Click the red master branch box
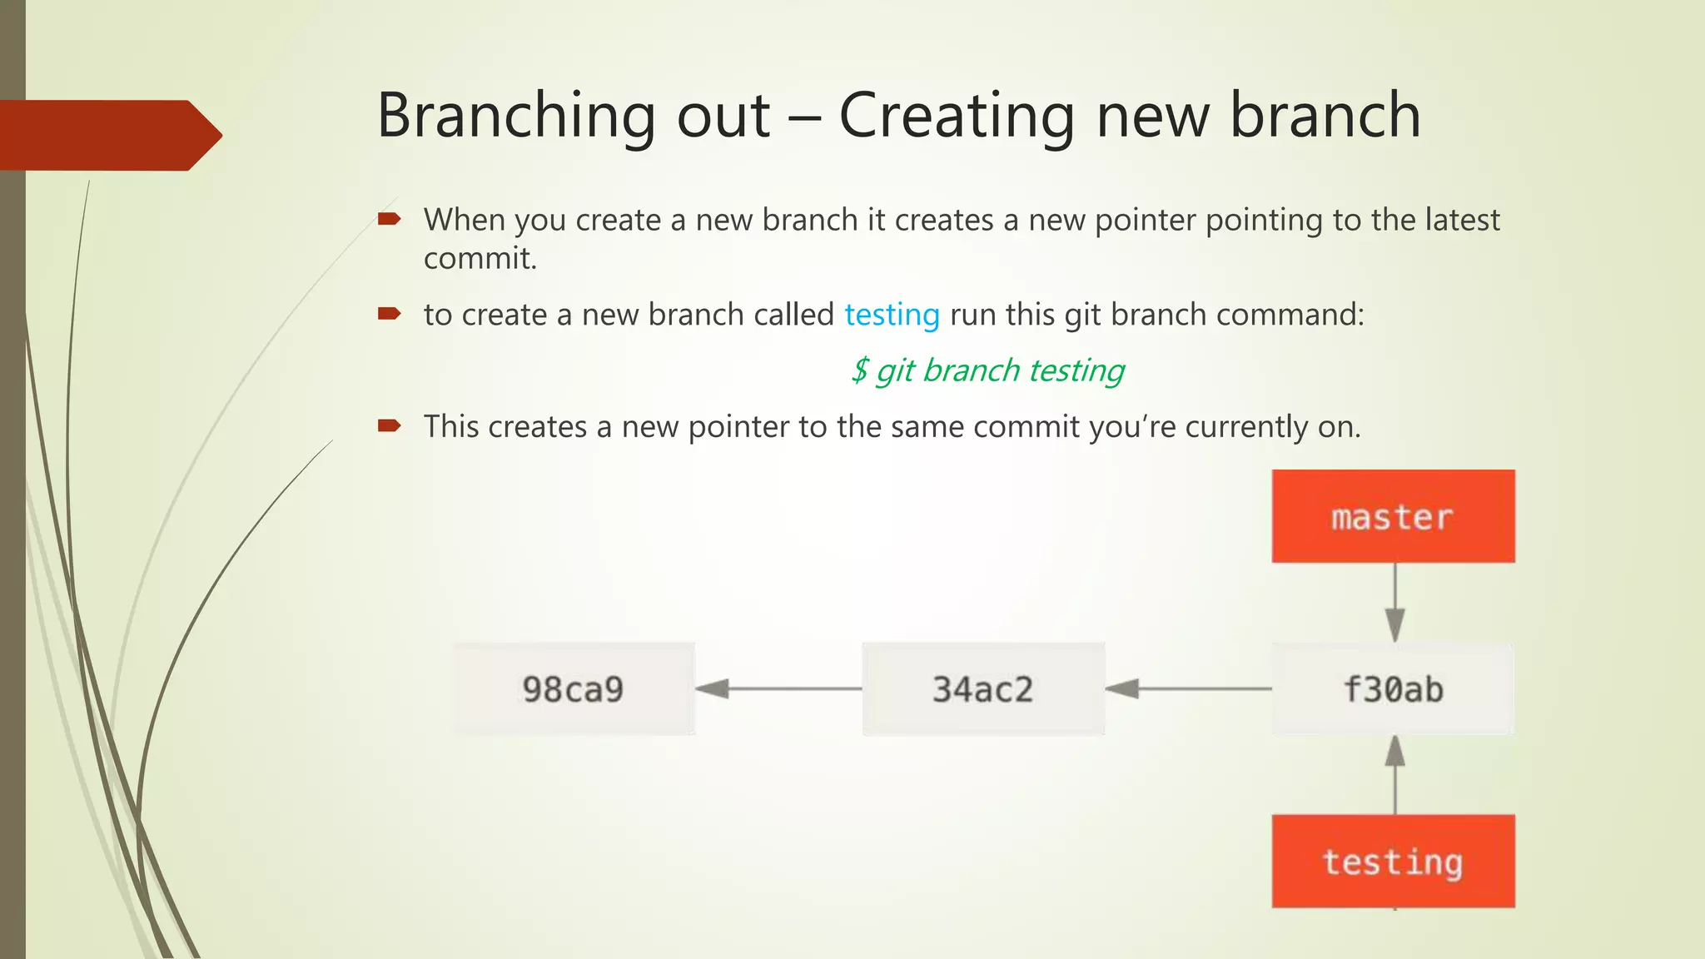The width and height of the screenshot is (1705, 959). click(x=1393, y=516)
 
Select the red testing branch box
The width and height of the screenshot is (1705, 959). click(x=1393, y=861)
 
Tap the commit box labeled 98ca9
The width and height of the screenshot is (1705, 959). click(x=574, y=688)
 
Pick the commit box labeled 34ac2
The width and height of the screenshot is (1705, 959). click(x=983, y=688)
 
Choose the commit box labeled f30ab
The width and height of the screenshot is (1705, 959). click(x=1393, y=688)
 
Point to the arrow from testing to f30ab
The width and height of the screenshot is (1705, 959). click(x=1395, y=774)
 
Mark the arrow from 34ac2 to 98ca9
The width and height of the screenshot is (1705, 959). click(x=778, y=688)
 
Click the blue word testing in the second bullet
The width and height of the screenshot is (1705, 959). click(x=892, y=315)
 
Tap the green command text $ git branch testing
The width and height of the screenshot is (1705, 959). click(x=987, y=370)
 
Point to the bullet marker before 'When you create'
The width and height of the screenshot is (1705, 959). click(x=389, y=219)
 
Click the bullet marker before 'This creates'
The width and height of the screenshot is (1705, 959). click(x=389, y=426)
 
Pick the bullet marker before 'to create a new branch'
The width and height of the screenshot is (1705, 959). click(x=389, y=314)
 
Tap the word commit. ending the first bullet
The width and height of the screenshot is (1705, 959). click(x=480, y=259)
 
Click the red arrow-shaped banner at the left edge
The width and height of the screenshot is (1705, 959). click(x=108, y=135)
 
